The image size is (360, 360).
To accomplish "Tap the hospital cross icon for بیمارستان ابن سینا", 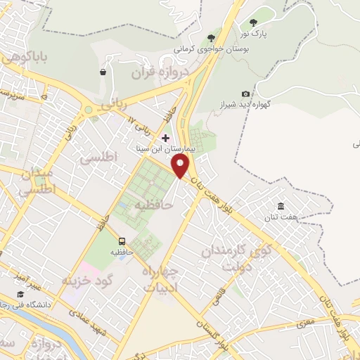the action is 166,138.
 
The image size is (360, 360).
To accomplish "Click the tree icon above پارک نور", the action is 253,22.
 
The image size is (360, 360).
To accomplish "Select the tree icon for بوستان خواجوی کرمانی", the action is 210,38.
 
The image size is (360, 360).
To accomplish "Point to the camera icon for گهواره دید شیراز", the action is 245,94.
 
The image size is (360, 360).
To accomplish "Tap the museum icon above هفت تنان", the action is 281,205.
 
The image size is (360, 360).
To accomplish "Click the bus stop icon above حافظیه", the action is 122,241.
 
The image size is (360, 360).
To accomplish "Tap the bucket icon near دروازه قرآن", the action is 103,72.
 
